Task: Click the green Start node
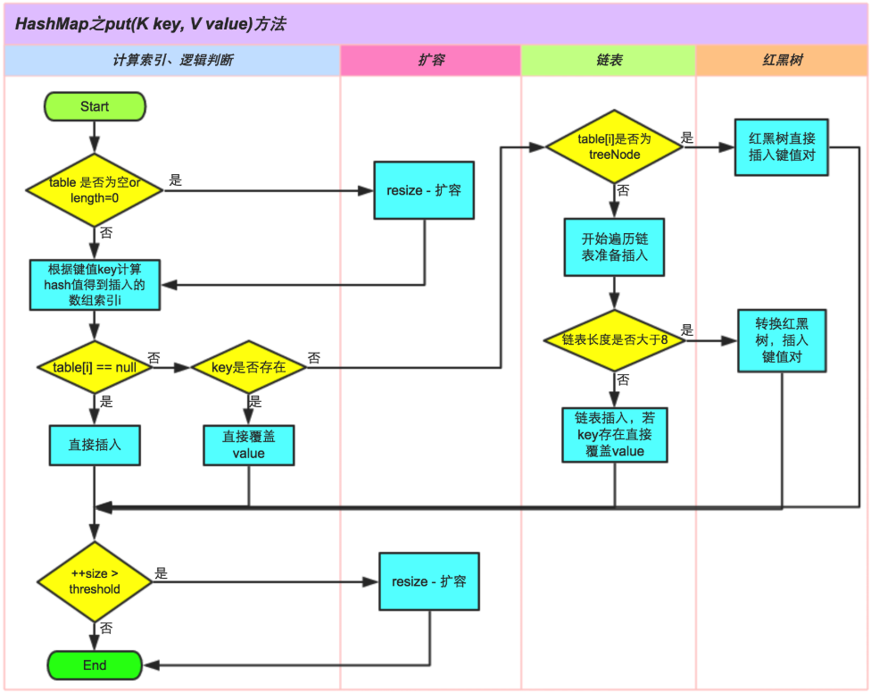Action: point(95,106)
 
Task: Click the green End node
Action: point(95,664)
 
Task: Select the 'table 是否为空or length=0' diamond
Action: point(95,189)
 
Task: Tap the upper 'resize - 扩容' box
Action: point(424,190)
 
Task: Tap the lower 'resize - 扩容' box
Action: point(429,581)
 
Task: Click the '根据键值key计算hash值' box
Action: point(95,285)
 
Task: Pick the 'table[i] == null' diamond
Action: point(95,367)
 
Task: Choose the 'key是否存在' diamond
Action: point(248,367)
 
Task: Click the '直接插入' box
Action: point(95,444)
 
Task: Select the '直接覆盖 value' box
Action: point(248,445)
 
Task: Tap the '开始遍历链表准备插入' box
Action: point(614,247)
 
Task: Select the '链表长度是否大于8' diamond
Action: point(614,340)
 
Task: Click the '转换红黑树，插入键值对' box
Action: point(782,340)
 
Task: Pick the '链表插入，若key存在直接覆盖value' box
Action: point(614,435)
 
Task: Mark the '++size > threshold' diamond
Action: point(95,581)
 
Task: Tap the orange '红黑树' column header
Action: point(782,61)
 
